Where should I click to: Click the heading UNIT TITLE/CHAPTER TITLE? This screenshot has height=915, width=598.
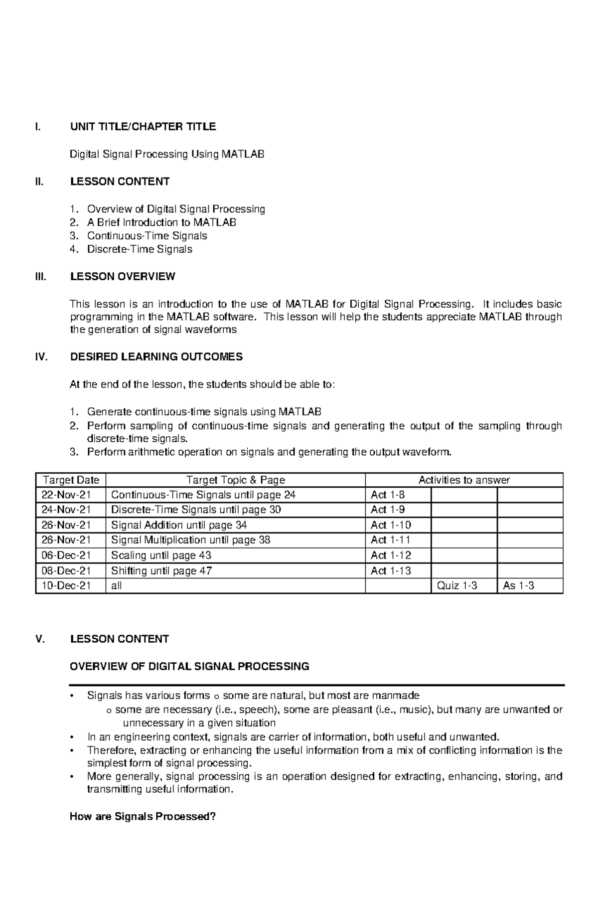tap(143, 127)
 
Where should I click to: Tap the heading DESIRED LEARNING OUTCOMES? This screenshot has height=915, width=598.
tap(156, 357)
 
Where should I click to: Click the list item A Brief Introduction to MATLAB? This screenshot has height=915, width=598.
tap(161, 222)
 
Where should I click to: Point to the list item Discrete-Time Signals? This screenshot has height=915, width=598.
tap(140, 249)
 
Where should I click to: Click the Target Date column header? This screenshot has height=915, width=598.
tap(71, 480)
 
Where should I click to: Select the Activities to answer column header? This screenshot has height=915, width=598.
tap(463, 480)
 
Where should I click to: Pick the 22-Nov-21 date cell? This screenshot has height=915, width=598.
tap(66, 495)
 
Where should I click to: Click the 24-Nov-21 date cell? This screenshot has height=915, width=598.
tap(66, 510)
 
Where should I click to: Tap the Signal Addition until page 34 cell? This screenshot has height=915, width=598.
tap(179, 525)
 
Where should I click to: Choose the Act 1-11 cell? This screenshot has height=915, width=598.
tap(391, 540)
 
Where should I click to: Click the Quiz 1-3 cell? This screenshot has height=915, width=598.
tap(456, 585)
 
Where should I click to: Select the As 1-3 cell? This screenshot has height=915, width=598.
tap(518, 585)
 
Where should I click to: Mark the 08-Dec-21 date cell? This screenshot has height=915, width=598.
tap(66, 570)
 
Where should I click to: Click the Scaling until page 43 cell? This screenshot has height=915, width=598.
tap(161, 555)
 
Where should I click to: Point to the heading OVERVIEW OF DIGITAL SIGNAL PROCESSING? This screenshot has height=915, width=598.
tap(189, 666)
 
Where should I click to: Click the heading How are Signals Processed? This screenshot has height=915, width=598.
tap(143, 817)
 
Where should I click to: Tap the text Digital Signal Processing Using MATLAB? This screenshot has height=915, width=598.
tap(166, 154)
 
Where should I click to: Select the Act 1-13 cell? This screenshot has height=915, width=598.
tap(391, 570)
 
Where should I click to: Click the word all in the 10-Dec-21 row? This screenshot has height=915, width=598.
tap(117, 586)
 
